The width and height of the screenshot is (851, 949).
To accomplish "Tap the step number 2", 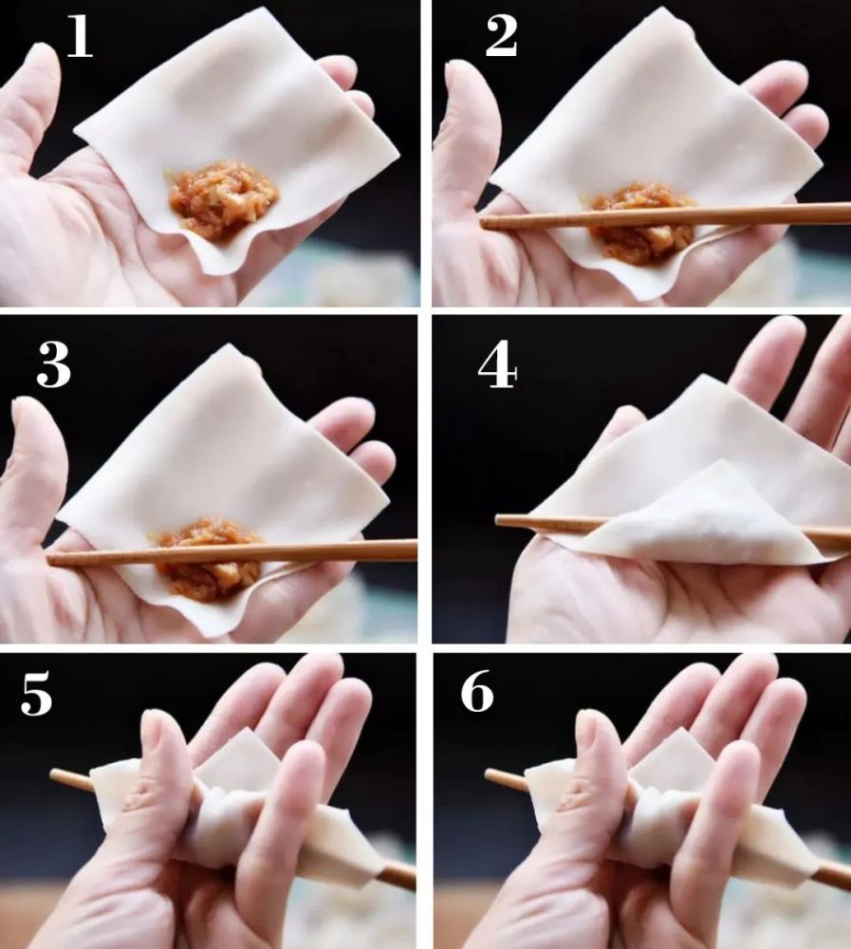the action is click(501, 37).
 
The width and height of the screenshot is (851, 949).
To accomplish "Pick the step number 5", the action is click(36, 695).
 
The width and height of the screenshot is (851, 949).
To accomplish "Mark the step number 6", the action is click(477, 692).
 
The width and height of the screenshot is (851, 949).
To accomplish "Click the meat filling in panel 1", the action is click(223, 198).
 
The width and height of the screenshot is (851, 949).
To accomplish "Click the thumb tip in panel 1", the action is click(41, 51).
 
